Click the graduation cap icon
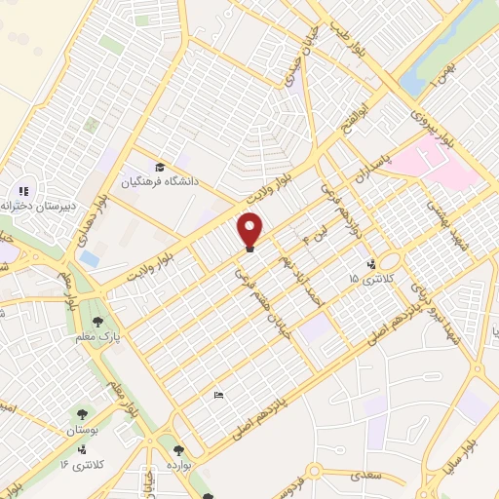click(x=160, y=167)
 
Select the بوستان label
click(x=85, y=429)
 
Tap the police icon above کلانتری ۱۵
click(x=370, y=264)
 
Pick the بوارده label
click(x=179, y=466)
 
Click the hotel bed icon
click(x=218, y=396)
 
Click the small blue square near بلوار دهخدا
click(x=90, y=258)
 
